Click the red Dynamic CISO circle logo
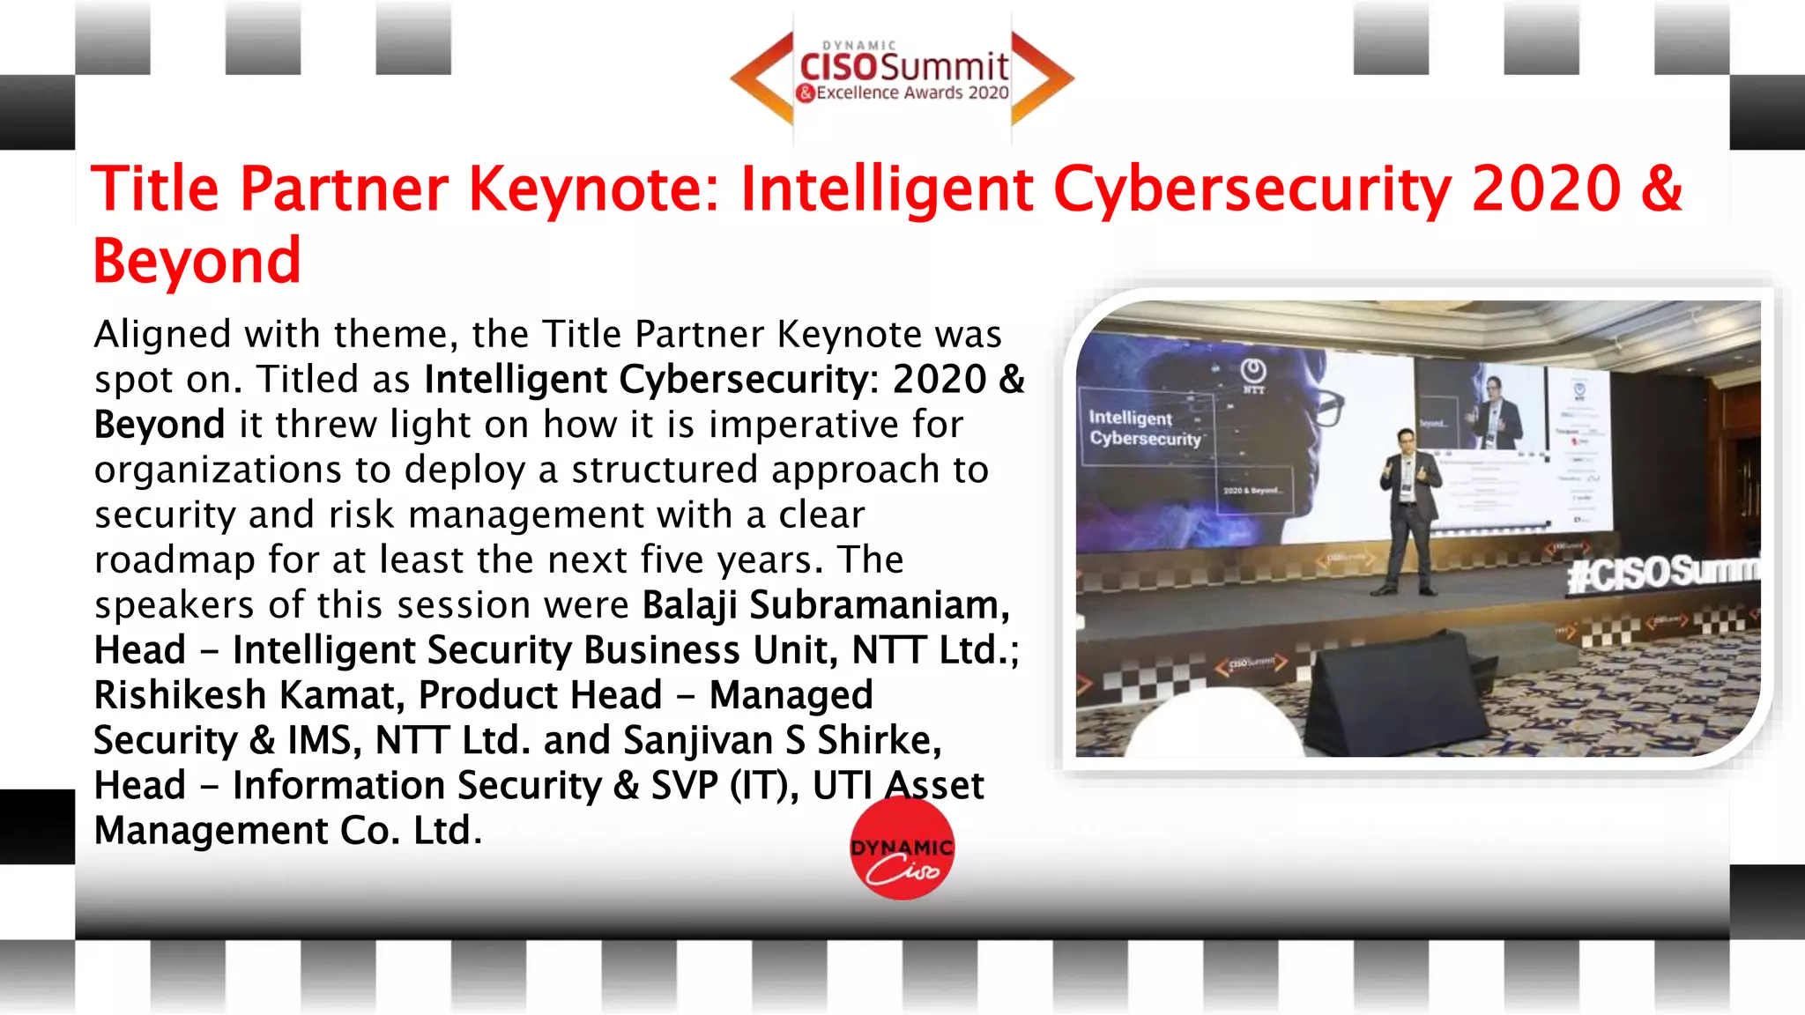902,848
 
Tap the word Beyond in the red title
197,261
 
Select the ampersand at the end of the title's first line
1661,189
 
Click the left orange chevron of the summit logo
762,78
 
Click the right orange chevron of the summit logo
1042,78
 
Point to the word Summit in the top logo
944,67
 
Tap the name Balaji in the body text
690,605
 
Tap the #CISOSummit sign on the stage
1662,574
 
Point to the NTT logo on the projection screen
1253,374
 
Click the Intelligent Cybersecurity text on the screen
1145,428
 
